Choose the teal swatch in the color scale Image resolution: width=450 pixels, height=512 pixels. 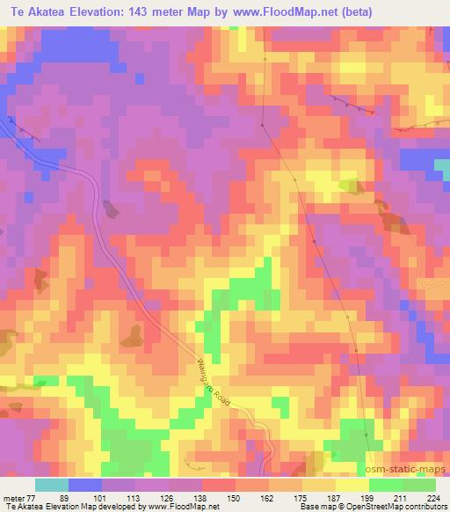(52, 485)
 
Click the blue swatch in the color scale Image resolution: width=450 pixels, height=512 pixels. (85, 485)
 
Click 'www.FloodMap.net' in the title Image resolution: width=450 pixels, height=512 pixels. (286, 13)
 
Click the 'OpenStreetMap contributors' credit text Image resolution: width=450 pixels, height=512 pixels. (401, 507)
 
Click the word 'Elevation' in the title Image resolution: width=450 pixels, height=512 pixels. (101, 13)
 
